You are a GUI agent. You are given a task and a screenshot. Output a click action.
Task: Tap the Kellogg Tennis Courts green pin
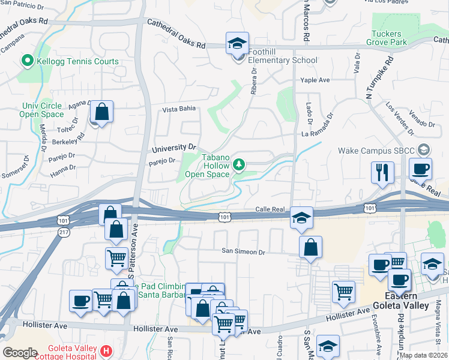pyautogui.click(x=26, y=61)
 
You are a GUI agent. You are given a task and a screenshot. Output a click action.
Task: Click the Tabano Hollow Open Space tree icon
pyautogui.click(x=239, y=164)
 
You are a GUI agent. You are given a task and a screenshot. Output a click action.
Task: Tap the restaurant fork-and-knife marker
pyautogui.click(x=382, y=172)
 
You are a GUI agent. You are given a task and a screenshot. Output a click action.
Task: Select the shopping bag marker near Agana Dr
pyautogui.click(x=102, y=111)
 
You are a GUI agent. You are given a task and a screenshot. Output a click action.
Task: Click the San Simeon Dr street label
pyautogui.click(x=243, y=252)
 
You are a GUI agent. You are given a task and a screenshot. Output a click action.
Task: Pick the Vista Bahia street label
pyautogui.click(x=179, y=110)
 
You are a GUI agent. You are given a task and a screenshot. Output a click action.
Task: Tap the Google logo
pyautogui.click(x=20, y=352)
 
